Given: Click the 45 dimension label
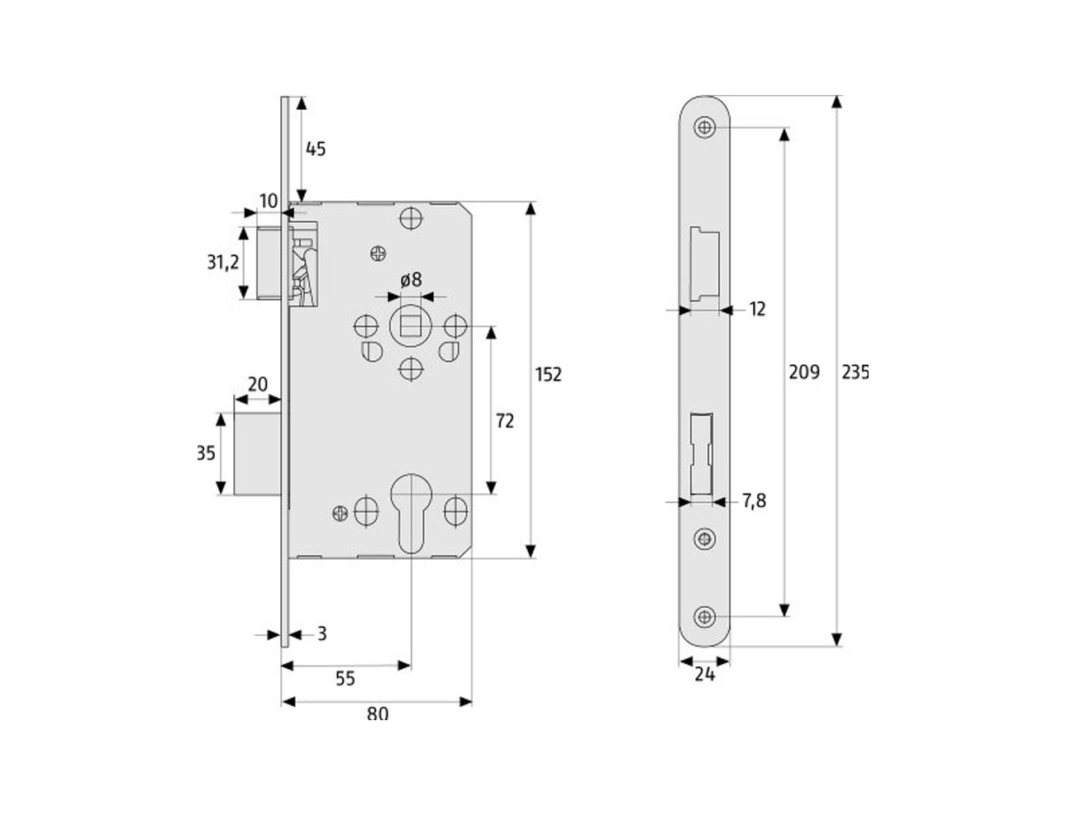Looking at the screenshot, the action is [x=316, y=149].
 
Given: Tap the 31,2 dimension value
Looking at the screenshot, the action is [x=223, y=262].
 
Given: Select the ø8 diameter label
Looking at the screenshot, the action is [x=411, y=280].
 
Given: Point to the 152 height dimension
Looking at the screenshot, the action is [x=548, y=374].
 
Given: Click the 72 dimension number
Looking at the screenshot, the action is [x=504, y=421].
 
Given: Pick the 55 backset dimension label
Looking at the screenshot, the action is [x=345, y=678].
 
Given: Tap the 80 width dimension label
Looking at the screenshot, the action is [x=378, y=714].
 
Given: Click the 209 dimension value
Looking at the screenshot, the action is [x=804, y=372].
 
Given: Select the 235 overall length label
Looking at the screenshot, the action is [x=855, y=372].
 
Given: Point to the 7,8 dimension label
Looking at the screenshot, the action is [x=755, y=501].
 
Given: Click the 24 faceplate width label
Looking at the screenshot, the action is [x=704, y=675].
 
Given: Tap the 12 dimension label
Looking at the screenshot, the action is [x=757, y=309].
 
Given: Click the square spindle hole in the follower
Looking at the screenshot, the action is [x=411, y=326].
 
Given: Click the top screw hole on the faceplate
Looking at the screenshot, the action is [x=704, y=128].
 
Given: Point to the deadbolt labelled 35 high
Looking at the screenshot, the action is [x=257, y=453].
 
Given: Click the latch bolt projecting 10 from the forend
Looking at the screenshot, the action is [x=269, y=263].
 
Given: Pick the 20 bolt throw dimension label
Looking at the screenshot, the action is [x=257, y=384].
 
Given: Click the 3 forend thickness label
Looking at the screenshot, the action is [x=321, y=633].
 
